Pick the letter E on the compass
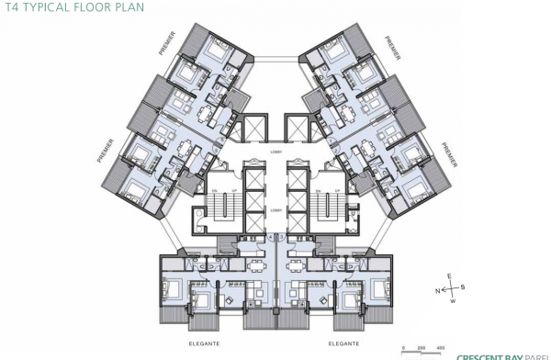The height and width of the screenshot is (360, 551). tap(448, 276)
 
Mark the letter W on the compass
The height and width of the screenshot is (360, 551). tap(452, 300)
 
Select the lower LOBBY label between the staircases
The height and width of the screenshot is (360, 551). tap(275, 208)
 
